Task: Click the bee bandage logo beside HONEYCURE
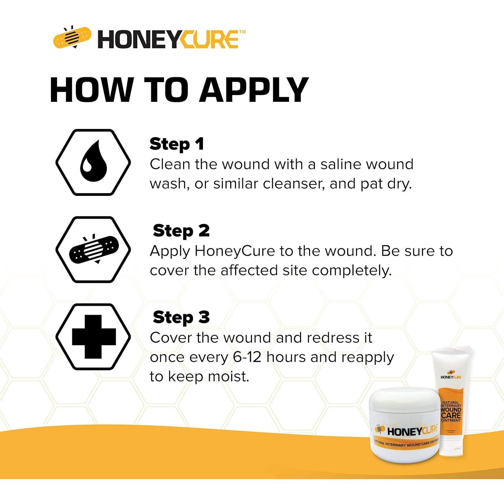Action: (72, 38)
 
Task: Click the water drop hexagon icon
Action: (93, 162)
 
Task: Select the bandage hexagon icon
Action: (93, 250)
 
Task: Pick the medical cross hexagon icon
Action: (93, 337)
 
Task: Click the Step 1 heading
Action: (177, 144)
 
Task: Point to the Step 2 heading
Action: (181, 231)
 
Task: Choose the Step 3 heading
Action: (181, 318)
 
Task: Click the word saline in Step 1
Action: (341, 164)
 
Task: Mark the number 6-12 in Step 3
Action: (247, 357)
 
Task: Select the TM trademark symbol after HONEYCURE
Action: (242, 32)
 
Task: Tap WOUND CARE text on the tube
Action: (451, 413)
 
